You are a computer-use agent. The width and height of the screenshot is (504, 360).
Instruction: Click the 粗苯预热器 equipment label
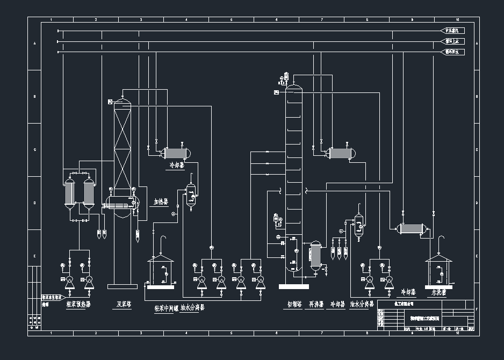[78, 304]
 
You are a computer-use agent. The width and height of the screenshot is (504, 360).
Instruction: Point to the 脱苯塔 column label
[125, 304]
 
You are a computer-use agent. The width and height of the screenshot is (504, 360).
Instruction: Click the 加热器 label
[161, 203]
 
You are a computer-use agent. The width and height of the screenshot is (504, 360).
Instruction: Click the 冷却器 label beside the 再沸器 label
[337, 305]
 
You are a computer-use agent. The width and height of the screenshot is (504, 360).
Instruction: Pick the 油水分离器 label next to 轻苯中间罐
[192, 308]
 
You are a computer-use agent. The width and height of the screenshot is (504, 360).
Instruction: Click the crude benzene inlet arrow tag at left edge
[53, 297]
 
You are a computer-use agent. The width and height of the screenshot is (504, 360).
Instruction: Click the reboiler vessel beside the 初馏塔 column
[315, 255]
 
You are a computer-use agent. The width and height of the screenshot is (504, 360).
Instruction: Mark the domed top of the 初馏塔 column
[294, 87]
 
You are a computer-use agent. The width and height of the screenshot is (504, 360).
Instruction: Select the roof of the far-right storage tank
[438, 258]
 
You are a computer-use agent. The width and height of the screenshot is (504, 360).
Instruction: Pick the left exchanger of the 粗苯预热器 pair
[69, 192]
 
